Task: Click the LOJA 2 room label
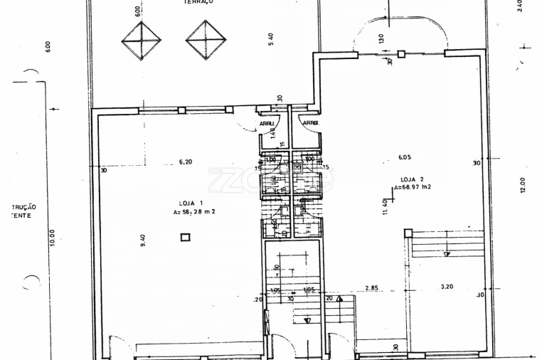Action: pyautogui.click(x=412, y=179)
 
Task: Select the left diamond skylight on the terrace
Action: pyautogui.click(x=141, y=41)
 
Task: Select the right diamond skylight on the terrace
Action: pyautogui.click(x=206, y=40)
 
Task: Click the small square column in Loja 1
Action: pyautogui.click(x=186, y=237)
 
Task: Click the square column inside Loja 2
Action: pyautogui.click(x=408, y=233)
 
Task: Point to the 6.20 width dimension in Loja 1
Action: pyautogui.click(x=185, y=162)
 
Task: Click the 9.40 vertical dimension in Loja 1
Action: pyautogui.click(x=143, y=241)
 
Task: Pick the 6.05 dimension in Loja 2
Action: pyautogui.click(x=405, y=157)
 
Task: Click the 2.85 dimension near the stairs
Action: pyautogui.click(x=371, y=287)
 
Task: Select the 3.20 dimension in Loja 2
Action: pyautogui.click(x=447, y=287)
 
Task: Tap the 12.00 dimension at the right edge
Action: pyautogui.click(x=522, y=185)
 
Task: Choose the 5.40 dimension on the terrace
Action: pyautogui.click(x=271, y=40)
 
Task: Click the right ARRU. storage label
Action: pyautogui.click(x=310, y=123)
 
